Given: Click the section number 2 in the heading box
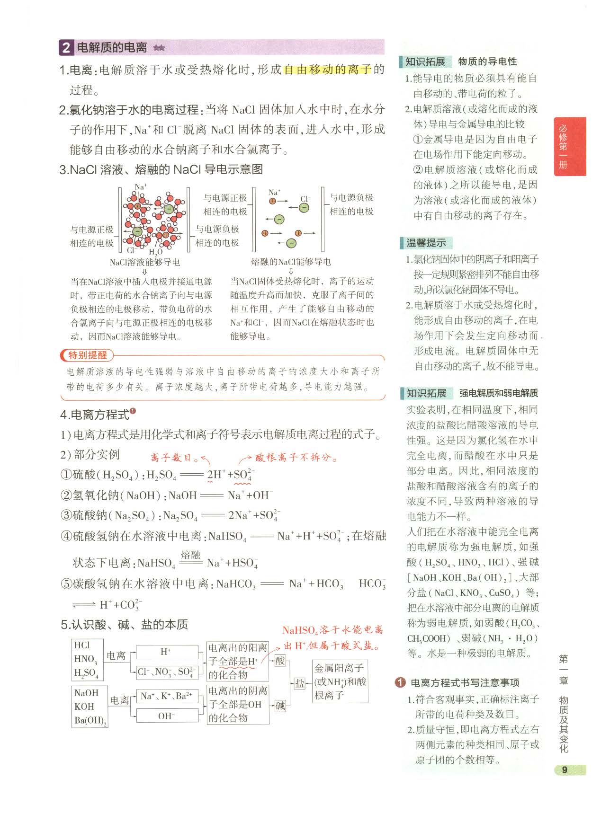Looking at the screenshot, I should coord(66,48).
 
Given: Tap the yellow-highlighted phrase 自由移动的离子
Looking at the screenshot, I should coord(327,70).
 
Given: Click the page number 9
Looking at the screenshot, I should coord(564,770).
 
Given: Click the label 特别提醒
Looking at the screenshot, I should coord(88,355).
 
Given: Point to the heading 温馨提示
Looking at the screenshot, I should coord(426,243).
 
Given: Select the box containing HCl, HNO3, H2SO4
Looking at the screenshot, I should coord(87,659).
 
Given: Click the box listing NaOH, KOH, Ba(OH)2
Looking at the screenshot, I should coord(90,707).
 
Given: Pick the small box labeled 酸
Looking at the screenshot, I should coord(280,661).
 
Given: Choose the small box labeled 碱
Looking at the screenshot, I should coord(280,706).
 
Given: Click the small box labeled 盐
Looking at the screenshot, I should coord(300,683).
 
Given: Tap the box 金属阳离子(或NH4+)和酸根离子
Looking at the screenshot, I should coord(340,681).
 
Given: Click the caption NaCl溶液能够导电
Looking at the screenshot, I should coord(144,262).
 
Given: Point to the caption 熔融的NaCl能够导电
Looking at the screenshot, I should coord(291,262).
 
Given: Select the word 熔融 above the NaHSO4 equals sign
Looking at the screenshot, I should coord(190,555).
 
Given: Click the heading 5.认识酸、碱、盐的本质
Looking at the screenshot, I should coord(124,625).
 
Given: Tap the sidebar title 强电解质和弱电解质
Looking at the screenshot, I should coord(498,393).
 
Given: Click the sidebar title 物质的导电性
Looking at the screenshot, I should coord(487,62).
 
